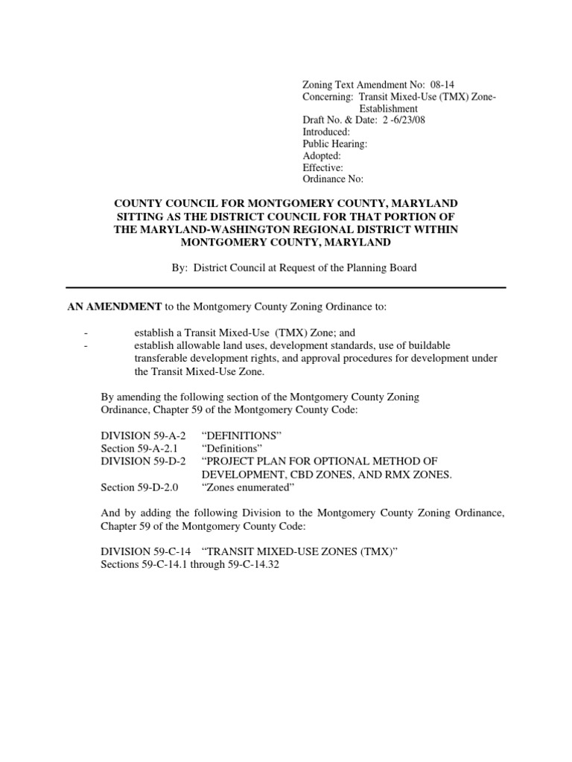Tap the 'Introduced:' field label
(325, 132)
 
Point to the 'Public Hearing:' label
(334, 144)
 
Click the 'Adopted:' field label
(322, 156)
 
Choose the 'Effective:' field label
(322, 167)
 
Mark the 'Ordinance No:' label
(333, 179)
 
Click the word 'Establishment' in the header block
(388, 109)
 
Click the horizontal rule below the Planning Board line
(286, 287)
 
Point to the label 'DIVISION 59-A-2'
(143, 435)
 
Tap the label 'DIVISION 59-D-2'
(143, 461)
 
